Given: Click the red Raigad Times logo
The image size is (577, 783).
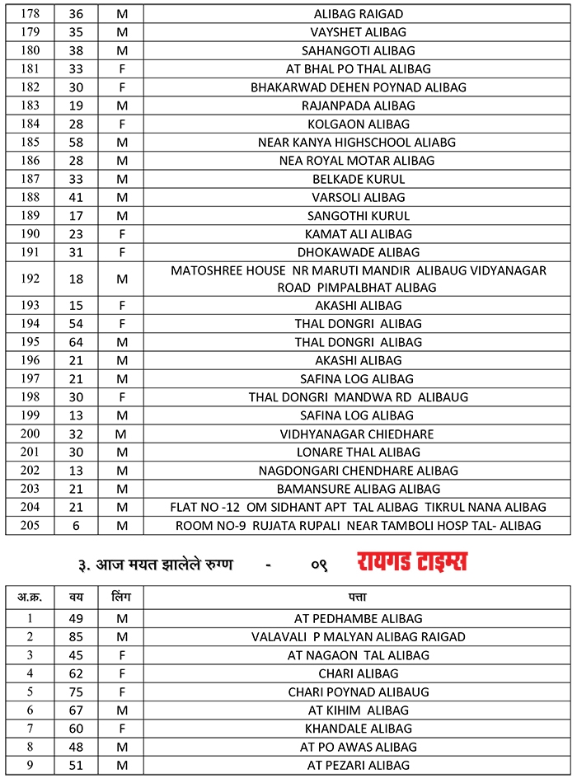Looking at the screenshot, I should (x=412, y=563).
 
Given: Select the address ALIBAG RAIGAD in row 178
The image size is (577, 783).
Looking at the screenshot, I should (x=359, y=14).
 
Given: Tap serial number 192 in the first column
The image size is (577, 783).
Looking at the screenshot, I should (x=30, y=279).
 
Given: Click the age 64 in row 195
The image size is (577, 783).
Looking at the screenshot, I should (x=76, y=342).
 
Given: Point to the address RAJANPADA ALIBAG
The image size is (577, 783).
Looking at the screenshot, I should (x=359, y=105).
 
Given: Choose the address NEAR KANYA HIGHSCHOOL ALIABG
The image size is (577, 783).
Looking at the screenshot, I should (x=357, y=142).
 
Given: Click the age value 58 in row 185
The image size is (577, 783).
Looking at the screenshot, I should (x=76, y=142).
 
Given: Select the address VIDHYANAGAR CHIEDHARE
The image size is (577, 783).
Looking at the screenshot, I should (x=357, y=434).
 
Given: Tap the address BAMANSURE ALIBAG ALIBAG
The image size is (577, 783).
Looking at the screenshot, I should (x=359, y=489).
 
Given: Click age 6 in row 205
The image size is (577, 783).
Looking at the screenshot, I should (x=76, y=525).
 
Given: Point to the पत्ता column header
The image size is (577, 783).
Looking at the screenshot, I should (x=358, y=596).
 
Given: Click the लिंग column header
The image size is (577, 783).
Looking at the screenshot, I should (x=121, y=596).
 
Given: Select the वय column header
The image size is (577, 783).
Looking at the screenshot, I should (x=76, y=596).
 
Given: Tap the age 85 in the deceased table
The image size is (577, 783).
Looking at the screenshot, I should (x=76, y=636).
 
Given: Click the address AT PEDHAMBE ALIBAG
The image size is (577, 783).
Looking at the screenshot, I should (x=359, y=618).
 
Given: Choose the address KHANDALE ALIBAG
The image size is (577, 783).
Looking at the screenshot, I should (x=359, y=729).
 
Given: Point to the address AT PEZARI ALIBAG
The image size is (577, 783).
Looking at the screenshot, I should (x=359, y=765).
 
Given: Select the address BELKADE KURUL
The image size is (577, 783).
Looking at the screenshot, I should (x=359, y=179).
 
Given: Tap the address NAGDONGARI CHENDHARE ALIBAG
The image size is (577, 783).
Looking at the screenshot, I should (x=359, y=471).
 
